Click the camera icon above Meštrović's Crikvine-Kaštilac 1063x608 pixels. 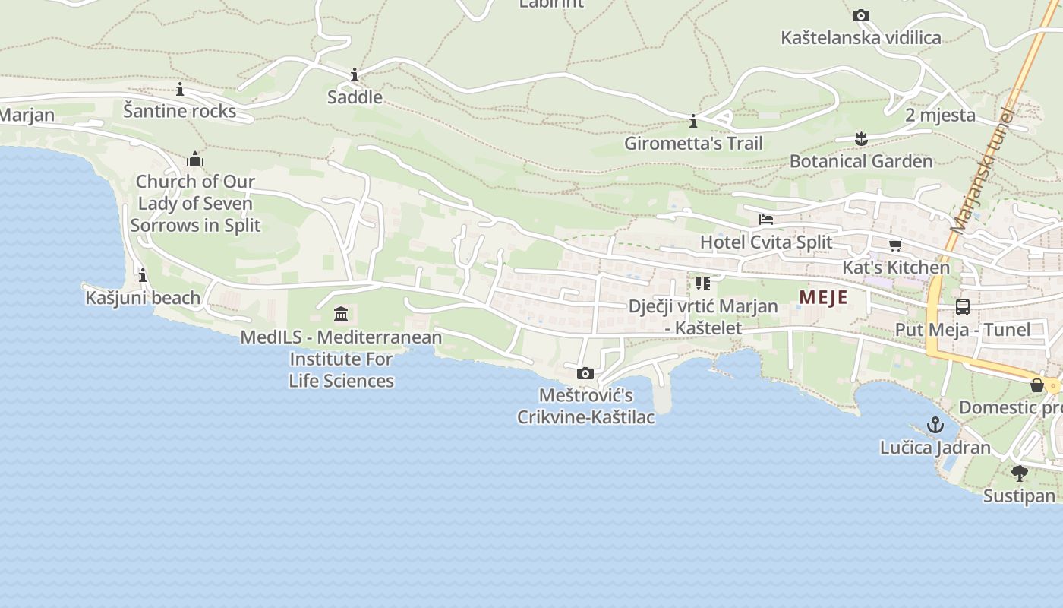tap(585, 373)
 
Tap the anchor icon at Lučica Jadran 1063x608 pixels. tap(935, 425)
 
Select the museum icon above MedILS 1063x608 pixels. tap(341, 314)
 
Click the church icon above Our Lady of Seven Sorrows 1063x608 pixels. tap(195, 159)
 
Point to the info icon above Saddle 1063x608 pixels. tap(355, 74)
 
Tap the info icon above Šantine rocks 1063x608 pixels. tap(180, 89)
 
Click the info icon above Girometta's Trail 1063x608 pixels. tap(692, 121)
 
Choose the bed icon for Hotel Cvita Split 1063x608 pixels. tap(766, 220)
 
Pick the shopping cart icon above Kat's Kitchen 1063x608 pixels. tap(896, 245)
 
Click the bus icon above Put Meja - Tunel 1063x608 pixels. tap(962, 307)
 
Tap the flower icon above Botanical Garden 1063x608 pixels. tap(860, 138)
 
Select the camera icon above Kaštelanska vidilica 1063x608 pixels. tap(860, 15)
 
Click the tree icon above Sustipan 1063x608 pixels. tap(1019, 473)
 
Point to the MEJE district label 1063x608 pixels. tap(823, 297)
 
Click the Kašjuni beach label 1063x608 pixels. tap(143, 297)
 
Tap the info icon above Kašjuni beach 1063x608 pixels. tap(143, 275)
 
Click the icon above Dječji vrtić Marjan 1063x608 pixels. tap(702, 283)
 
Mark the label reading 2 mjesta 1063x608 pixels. tap(940, 115)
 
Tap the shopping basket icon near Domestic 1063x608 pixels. tap(1036, 385)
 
